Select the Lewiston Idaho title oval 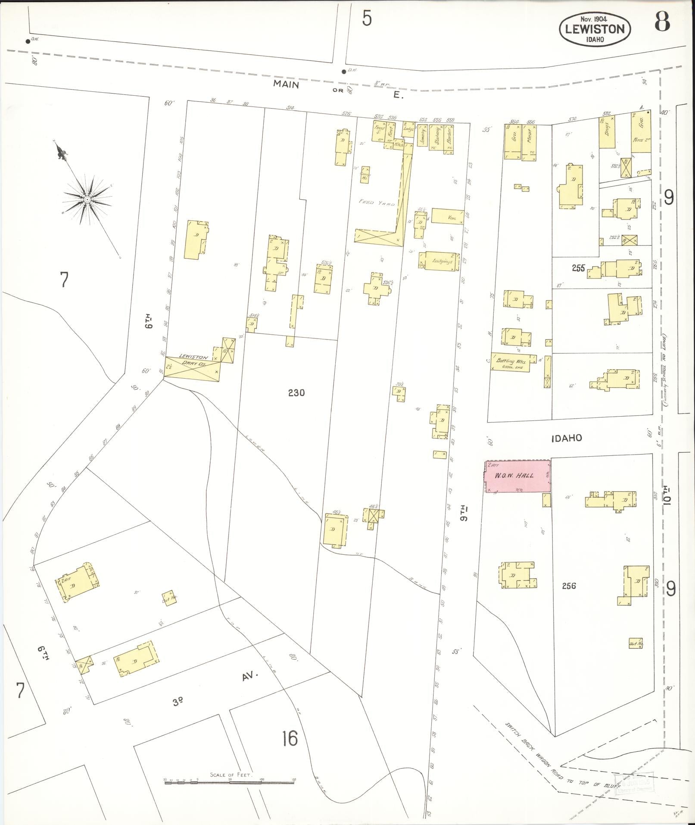[595, 28]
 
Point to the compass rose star [87, 200]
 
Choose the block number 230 [296, 392]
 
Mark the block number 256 [569, 586]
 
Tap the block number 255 [578, 268]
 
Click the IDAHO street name [567, 438]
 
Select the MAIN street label [286, 85]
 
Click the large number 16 [290, 738]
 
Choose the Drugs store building [607, 132]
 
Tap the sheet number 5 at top [367, 19]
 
